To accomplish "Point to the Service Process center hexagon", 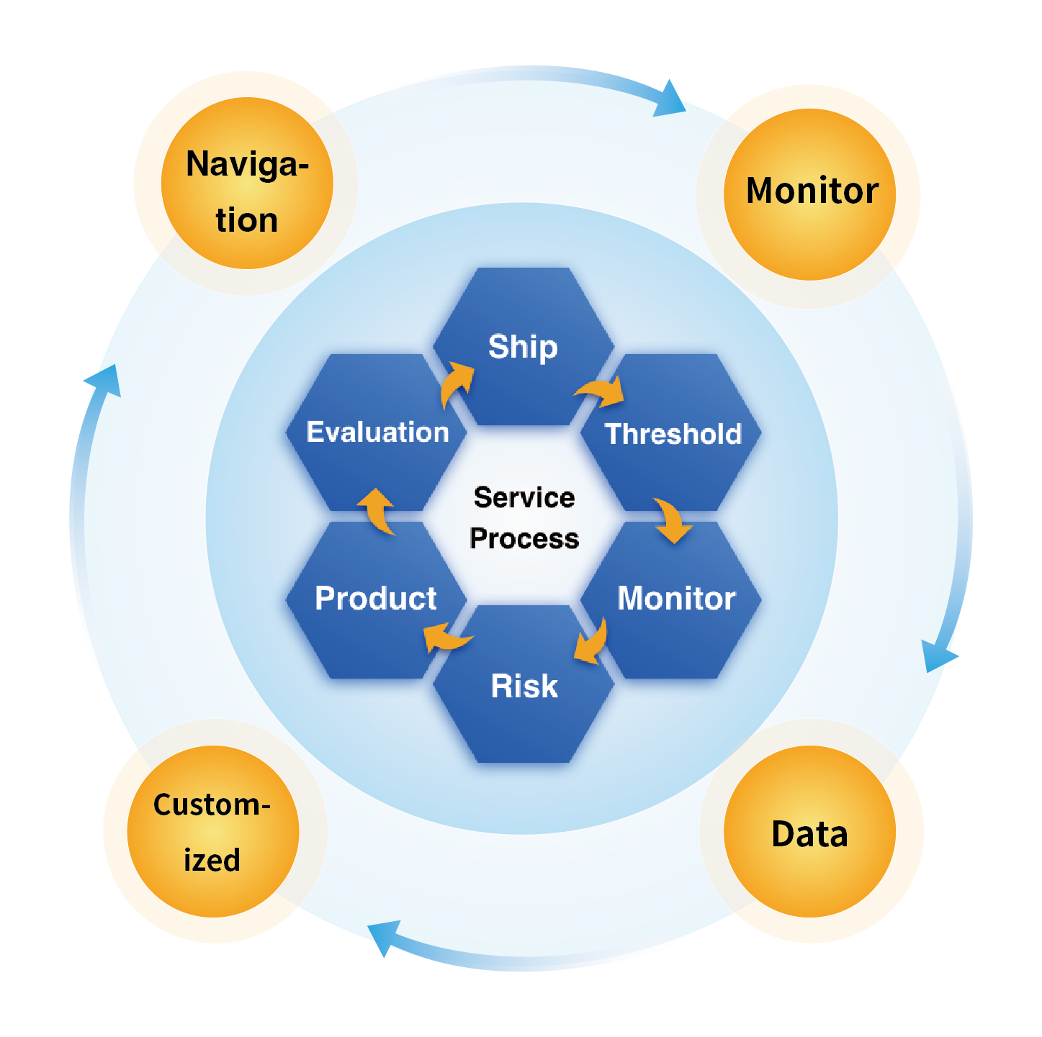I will pyautogui.click(x=524, y=517).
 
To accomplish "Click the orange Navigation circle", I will pyautogui.click(x=247, y=184).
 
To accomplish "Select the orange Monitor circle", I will pyautogui.click(x=810, y=194).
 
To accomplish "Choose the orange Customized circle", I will pyautogui.click(x=213, y=832).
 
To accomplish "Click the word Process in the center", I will pyautogui.click(x=524, y=538).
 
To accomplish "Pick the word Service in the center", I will pyautogui.click(x=524, y=497).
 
